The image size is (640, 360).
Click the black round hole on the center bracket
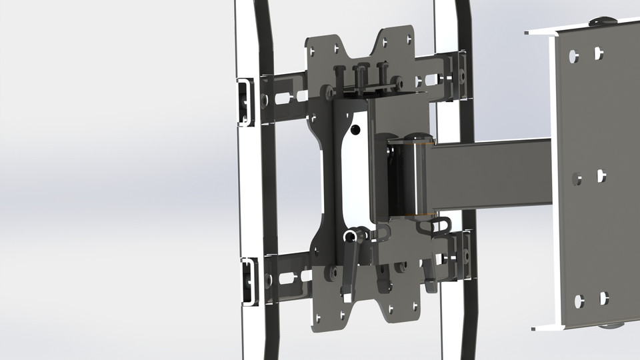(356, 128)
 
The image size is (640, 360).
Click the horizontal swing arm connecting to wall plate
(490, 173)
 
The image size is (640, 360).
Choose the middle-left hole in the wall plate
(577, 178)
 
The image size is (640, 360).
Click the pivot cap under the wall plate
(610, 326)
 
